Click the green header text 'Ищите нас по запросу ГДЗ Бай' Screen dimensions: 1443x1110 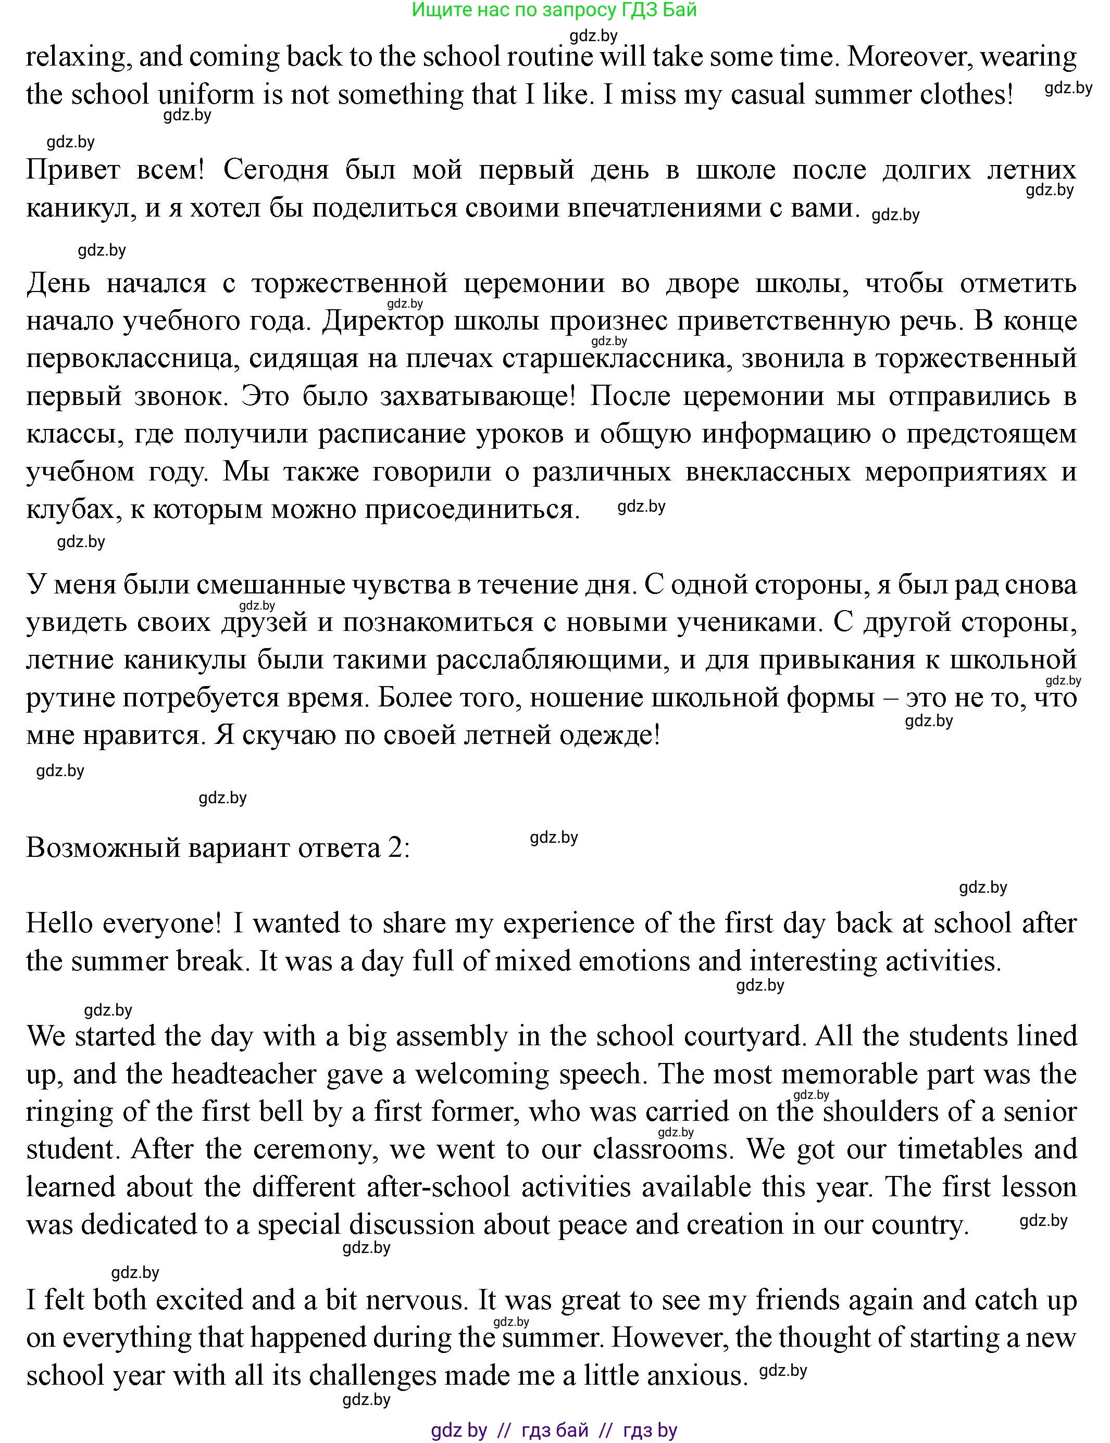(554, 10)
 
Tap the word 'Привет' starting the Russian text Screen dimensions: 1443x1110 (73, 170)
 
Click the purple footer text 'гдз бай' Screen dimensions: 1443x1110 (554, 1430)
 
